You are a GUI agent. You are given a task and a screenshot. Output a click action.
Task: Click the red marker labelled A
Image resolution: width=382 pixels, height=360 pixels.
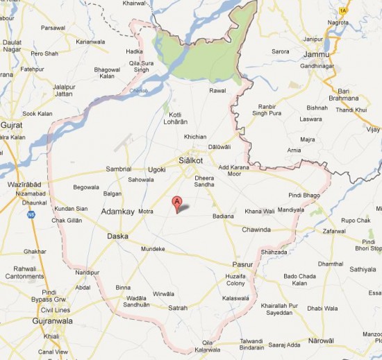pos(177,203)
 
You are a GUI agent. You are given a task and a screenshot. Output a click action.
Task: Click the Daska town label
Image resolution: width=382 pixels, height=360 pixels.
pos(117,237)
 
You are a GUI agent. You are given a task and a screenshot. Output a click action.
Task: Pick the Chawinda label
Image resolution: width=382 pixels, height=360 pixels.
pos(256,229)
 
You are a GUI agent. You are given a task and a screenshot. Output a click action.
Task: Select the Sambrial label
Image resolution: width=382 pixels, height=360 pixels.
pos(118,169)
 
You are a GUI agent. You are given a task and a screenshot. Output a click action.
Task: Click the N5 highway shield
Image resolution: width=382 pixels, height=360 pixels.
pos(31,214)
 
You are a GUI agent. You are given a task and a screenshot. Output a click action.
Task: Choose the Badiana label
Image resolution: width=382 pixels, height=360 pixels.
pos(223,216)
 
